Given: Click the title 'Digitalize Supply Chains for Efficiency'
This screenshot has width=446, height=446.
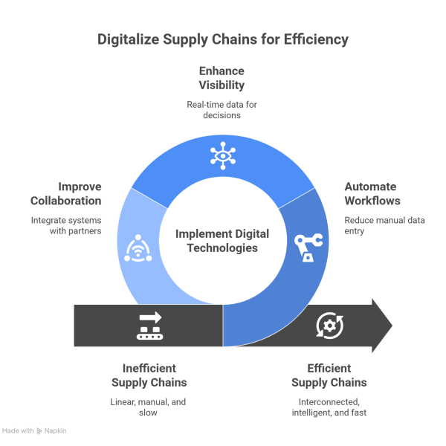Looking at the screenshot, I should click(x=222, y=39).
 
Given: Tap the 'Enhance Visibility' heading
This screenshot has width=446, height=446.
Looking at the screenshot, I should click(x=222, y=78).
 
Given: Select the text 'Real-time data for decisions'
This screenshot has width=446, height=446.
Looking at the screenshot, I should click(x=222, y=109).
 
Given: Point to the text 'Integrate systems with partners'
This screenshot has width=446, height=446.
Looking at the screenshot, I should click(x=66, y=225).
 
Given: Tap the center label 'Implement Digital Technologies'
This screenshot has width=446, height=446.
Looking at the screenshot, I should click(x=222, y=240).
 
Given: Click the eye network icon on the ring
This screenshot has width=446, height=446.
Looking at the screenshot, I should click(x=221, y=155).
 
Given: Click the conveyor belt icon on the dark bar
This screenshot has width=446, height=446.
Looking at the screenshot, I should click(x=149, y=326).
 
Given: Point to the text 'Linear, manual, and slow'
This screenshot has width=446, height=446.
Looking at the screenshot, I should click(x=149, y=407).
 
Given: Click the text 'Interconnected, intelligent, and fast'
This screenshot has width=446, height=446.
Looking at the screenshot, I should click(x=329, y=407).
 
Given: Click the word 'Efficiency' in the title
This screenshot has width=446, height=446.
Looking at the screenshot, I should click(x=315, y=39).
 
